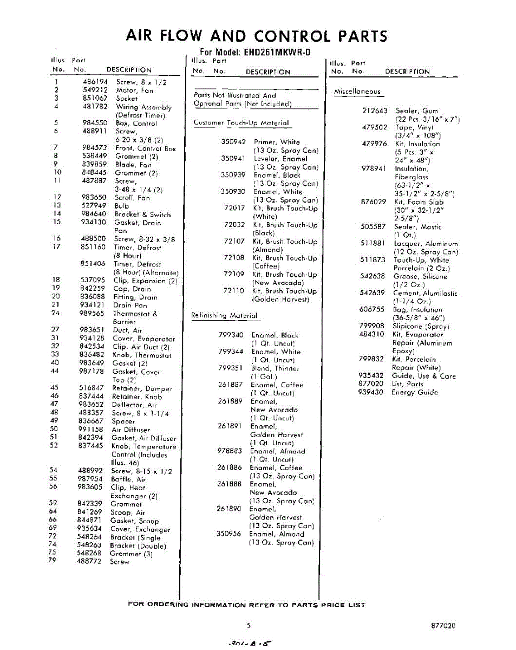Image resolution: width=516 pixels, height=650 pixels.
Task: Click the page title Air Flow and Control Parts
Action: click(x=257, y=36)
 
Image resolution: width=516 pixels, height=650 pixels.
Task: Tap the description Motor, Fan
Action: click(x=134, y=90)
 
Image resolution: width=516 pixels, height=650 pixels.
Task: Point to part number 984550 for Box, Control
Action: click(x=95, y=123)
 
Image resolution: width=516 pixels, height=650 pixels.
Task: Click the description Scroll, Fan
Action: click(x=132, y=198)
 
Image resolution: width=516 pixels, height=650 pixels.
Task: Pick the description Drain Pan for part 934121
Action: click(x=130, y=305)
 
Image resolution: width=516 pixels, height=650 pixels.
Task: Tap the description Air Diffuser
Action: click(x=130, y=430)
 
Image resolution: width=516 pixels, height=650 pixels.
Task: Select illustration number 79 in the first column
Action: click(x=53, y=562)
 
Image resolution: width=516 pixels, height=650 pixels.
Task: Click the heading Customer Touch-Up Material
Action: click(x=241, y=123)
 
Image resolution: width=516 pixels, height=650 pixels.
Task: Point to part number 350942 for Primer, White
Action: click(x=233, y=142)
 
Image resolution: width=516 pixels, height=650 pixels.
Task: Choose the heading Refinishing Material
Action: click(x=224, y=315)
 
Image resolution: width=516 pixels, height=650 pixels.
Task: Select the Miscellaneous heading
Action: click(x=357, y=92)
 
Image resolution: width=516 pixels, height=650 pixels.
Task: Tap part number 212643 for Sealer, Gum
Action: click(x=375, y=110)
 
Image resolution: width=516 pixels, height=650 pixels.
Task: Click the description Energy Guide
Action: click(x=415, y=392)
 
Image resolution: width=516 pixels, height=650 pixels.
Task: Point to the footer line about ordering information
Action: click(x=246, y=604)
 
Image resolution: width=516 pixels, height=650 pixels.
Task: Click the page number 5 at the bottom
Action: click(x=249, y=625)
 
